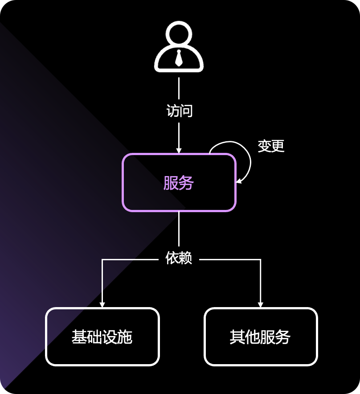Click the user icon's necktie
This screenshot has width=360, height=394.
click(x=179, y=58)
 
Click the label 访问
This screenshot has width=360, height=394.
click(x=179, y=111)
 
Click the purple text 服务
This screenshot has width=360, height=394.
click(x=179, y=183)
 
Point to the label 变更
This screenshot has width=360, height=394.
click(x=271, y=146)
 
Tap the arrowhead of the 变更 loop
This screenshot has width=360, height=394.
click(x=239, y=181)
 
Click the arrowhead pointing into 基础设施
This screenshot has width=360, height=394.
click(x=102, y=304)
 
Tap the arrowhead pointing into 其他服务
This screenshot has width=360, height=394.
click(x=261, y=304)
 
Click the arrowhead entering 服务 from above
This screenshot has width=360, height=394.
click(x=179, y=150)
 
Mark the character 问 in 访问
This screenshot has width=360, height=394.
click(x=186, y=111)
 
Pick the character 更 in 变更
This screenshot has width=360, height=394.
click(x=278, y=146)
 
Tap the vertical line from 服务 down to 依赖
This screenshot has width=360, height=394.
click(x=179, y=230)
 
